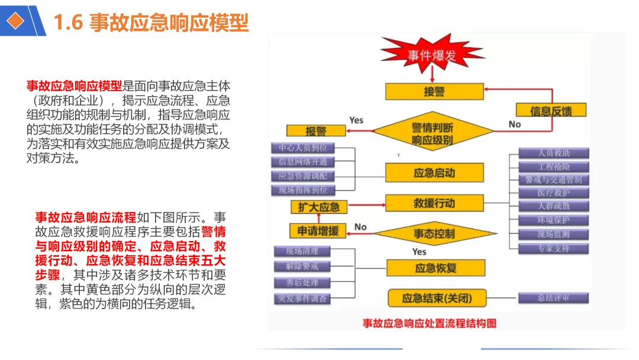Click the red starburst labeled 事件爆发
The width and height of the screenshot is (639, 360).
pyautogui.click(x=433, y=56)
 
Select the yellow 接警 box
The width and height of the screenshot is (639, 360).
pyautogui.click(x=434, y=92)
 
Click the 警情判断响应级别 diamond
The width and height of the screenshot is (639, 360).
pyautogui.click(x=433, y=134)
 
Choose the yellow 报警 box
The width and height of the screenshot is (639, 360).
pyautogui.click(x=316, y=131)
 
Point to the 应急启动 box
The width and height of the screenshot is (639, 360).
pyautogui.click(x=434, y=173)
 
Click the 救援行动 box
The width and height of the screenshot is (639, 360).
pyautogui.click(x=434, y=203)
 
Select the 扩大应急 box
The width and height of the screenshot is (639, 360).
pyautogui.click(x=319, y=207)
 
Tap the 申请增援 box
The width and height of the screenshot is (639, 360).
pyautogui.click(x=318, y=231)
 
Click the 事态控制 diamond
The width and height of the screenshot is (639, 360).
pyautogui.click(x=434, y=233)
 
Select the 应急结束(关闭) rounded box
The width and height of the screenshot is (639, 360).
pyautogui.click(x=437, y=298)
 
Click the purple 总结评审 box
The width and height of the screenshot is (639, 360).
pyautogui.click(x=554, y=298)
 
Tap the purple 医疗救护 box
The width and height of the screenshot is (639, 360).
pyautogui.click(x=554, y=193)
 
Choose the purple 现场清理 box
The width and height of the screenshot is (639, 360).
pyautogui.click(x=302, y=251)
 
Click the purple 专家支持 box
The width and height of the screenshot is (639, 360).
pyautogui.click(x=554, y=248)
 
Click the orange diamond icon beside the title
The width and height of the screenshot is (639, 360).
pyautogui.click(x=15, y=21)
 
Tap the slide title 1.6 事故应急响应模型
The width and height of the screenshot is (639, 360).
pyautogui.click(x=151, y=22)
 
